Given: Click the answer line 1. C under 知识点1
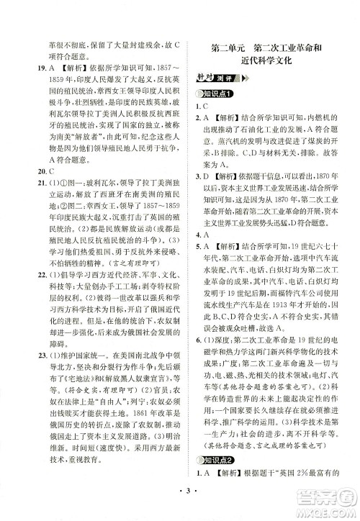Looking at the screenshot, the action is click(x=204, y=109).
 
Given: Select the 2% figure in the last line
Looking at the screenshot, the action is click(x=302, y=491).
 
